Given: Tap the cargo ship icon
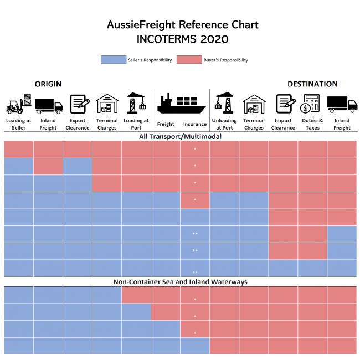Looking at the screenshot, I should tap(181, 104).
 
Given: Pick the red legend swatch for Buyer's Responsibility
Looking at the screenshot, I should tap(189, 60).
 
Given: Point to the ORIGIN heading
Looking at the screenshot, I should tap(48, 84).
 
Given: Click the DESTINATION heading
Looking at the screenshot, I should tap(312, 84).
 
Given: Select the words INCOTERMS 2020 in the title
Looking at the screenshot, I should tap(182, 39).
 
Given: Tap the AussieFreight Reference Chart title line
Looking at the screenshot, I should tap(182, 25).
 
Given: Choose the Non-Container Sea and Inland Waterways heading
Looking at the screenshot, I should tap(180, 282).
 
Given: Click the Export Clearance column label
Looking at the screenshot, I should tap(78, 124).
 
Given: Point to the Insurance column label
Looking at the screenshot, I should tap(195, 125).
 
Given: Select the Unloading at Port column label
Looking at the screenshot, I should tap(224, 124).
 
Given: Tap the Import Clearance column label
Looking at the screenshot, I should tap(283, 124).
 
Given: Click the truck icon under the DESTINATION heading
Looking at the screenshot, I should tap(342, 104).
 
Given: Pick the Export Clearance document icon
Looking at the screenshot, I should tap(78, 104).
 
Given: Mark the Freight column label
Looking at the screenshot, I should tap(166, 125).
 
